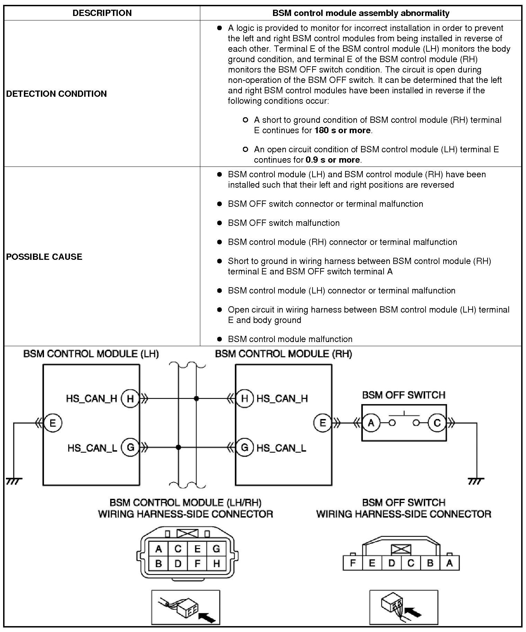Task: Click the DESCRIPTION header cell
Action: [102, 13]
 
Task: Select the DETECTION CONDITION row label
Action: [56, 94]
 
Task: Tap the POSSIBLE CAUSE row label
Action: [44, 257]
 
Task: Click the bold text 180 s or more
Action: [342, 130]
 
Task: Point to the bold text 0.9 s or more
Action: [333, 160]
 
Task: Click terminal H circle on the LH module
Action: [130, 399]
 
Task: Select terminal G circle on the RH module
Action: [245, 447]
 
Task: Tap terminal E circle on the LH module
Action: [53, 423]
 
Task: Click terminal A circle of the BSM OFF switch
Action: [371, 423]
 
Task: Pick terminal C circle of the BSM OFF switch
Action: [437, 423]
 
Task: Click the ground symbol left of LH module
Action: [14, 481]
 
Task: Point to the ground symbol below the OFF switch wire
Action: [476, 481]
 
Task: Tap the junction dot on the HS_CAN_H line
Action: [196, 399]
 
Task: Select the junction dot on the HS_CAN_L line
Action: [178, 447]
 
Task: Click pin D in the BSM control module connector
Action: [178, 564]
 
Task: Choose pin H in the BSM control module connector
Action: [217, 564]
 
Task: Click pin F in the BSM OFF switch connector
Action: [352, 563]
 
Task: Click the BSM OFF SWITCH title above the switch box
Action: [403, 395]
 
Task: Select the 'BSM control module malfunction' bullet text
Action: [290, 339]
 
